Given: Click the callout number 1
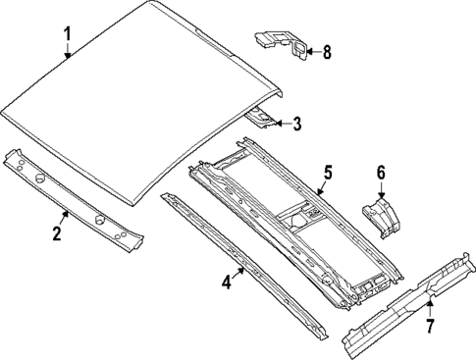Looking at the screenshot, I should pos(68,36).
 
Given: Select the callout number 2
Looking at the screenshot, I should pos(57,233).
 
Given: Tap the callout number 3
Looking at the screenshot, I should pos(297,124).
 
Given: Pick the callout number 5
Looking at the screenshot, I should pos(328,174).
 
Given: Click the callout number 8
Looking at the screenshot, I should pos(327,53).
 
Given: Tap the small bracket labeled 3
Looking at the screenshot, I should pos(262,118).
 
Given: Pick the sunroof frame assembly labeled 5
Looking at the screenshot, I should pos(294,226).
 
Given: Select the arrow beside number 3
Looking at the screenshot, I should pos(281,124).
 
